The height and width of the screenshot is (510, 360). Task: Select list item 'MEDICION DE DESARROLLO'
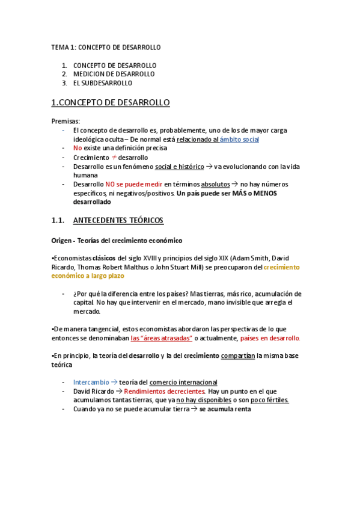[114, 74]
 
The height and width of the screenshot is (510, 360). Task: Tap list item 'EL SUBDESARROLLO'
[103, 83]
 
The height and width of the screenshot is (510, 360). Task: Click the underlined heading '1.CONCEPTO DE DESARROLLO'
[111, 103]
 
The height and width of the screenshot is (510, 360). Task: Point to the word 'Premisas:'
[66, 121]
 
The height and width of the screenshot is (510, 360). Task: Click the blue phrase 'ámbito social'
[239, 139]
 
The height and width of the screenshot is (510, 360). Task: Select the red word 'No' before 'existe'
[77, 148]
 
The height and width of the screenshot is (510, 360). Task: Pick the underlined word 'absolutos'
[215, 184]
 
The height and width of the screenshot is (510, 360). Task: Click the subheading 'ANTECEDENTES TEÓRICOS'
[121, 221]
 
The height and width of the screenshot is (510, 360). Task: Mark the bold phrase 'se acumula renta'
[225, 409]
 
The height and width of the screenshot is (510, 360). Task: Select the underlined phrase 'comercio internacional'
[183, 382]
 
